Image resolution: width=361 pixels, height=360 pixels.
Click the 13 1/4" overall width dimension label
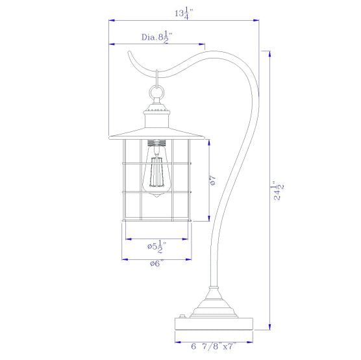(184, 14)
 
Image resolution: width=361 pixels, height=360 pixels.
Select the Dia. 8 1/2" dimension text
(156, 38)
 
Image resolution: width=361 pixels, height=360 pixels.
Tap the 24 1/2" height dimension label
(278, 190)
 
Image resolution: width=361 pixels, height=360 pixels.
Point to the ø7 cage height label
(213, 181)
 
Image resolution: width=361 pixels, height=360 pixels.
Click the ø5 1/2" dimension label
(156, 247)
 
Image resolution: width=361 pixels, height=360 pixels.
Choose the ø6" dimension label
(156, 263)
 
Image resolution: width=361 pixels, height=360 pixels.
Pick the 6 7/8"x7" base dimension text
(214, 346)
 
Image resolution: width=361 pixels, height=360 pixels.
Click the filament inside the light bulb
(156, 172)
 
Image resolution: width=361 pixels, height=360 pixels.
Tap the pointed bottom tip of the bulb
(156, 197)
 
